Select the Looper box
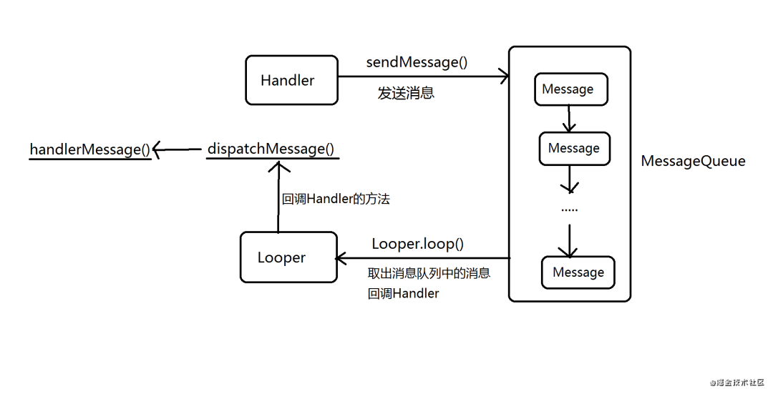(x=288, y=257)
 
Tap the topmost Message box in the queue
(x=571, y=89)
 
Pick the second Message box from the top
(x=575, y=148)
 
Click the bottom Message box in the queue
(x=578, y=272)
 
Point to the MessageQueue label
(x=692, y=162)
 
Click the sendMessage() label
(x=417, y=62)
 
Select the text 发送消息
(x=406, y=94)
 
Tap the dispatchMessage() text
(x=271, y=149)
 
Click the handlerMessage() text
(x=90, y=149)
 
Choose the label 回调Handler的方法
(x=336, y=200)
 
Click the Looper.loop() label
(x=417, y=244)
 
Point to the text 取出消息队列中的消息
(x=429, y=273)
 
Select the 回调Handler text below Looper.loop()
(x=403, y=293)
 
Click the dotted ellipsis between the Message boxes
(x=569, y=210)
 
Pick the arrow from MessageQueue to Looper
(x=422, y=258)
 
